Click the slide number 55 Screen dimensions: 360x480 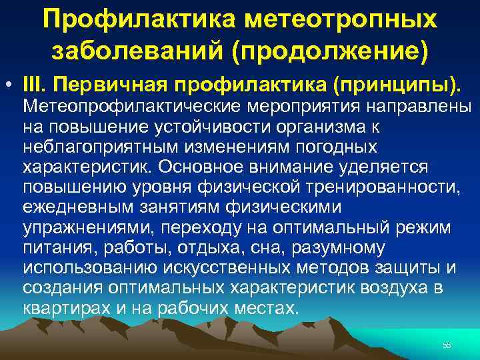point(447,345)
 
